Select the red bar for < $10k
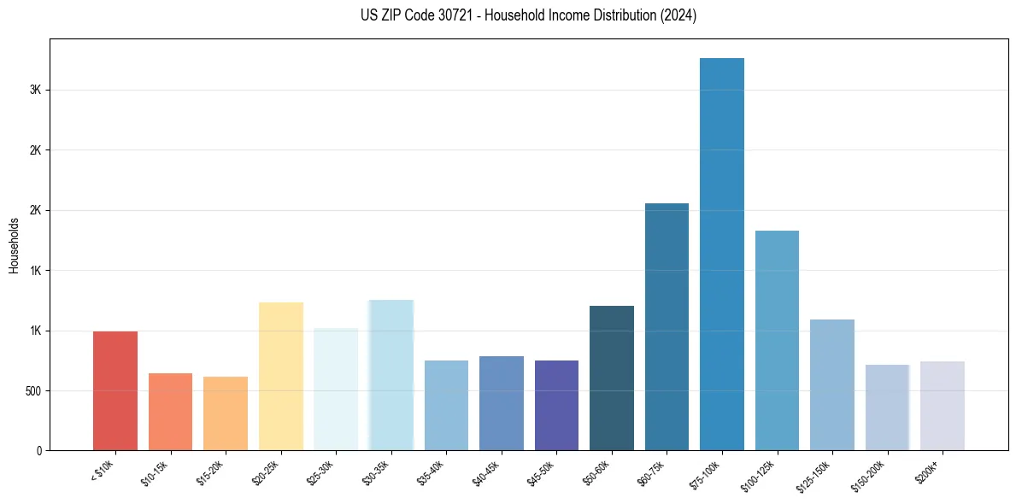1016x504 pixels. click(115, 390)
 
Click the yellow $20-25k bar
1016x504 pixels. click(281, 376)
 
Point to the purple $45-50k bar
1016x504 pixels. click(556, 405)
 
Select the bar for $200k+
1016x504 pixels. click(943, 406)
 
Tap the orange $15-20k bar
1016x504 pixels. click(226, 413)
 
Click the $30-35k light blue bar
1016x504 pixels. click(391, 375)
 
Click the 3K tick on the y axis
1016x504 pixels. click(35, 90)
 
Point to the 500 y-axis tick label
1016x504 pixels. click(32, 391)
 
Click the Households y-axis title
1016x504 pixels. click(14, 245)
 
